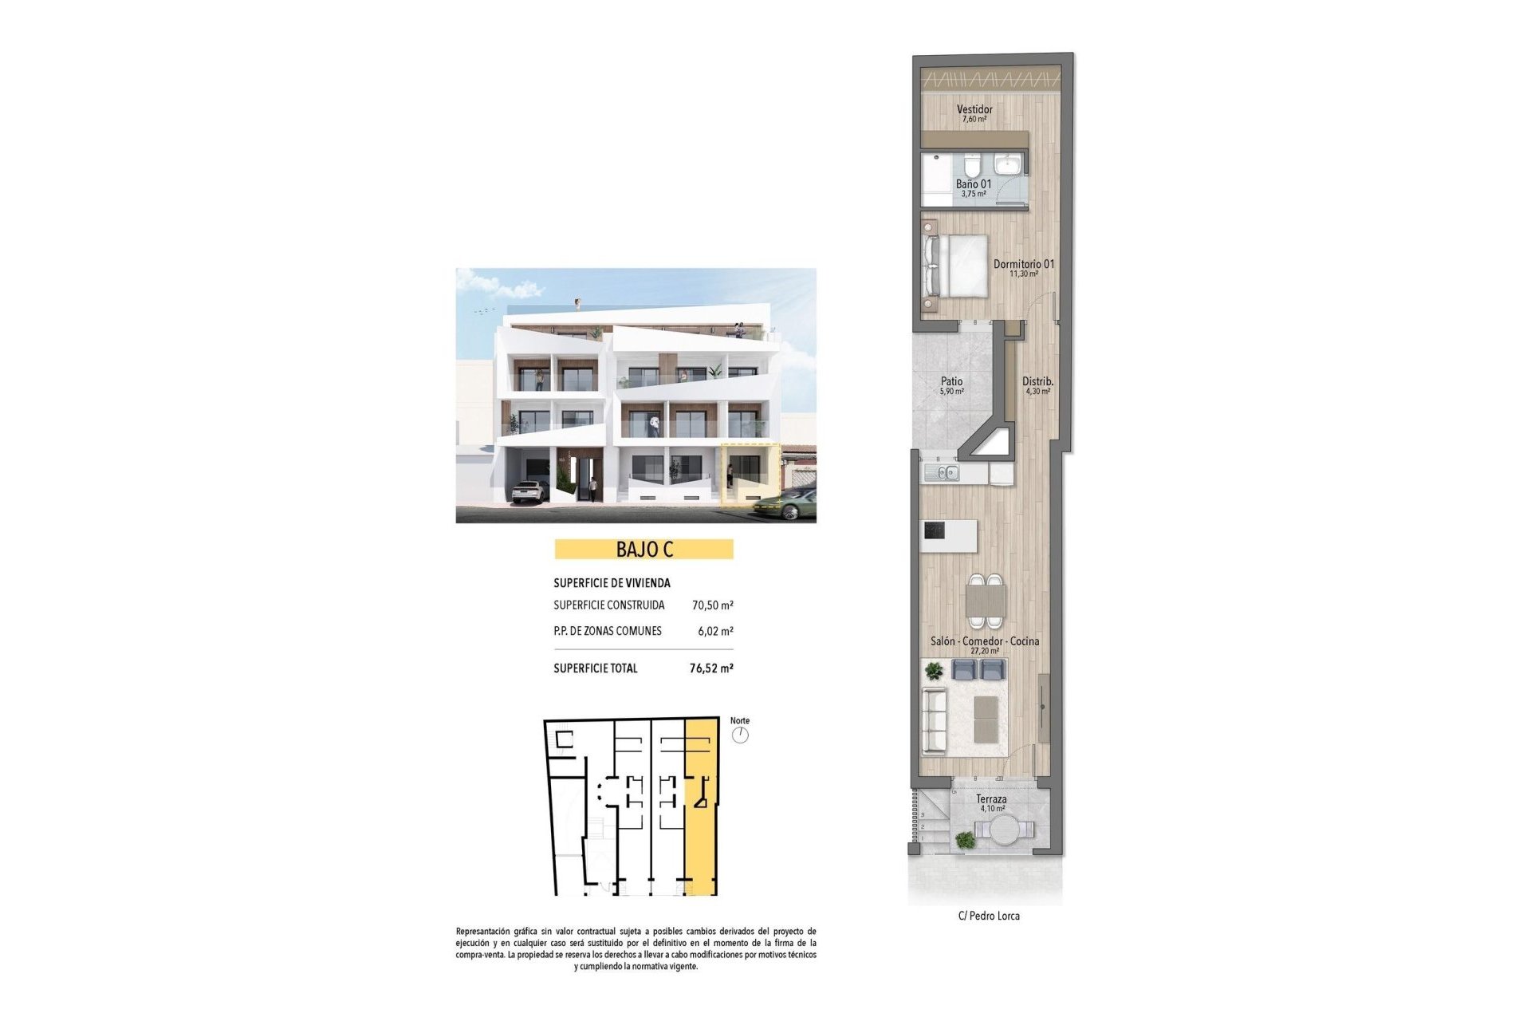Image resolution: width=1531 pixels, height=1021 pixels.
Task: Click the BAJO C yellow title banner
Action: [643, 550]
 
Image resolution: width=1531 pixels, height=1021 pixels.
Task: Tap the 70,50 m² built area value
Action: [712, 605]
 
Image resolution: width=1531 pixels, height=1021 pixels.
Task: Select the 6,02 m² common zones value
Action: [715, 631]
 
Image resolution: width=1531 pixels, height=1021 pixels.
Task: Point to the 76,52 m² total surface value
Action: [711, 668]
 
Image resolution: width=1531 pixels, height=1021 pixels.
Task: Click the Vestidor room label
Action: [974, 110]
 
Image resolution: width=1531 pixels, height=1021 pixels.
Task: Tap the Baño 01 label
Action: [974, 184]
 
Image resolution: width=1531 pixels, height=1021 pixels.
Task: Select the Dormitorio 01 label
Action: [1023, 264]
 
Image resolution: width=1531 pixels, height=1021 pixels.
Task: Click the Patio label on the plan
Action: [951, 382]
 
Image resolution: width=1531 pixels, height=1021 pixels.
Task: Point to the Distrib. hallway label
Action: [1037, 382]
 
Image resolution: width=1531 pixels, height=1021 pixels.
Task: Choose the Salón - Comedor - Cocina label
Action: [985, 641]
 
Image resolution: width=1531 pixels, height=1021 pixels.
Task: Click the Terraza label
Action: [991, 799]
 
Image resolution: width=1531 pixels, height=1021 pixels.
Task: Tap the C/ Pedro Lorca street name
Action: [989, 916]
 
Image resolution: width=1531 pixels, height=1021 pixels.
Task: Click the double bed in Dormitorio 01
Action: [956, 266]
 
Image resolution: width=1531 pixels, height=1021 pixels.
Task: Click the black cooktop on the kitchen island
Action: [935, 530]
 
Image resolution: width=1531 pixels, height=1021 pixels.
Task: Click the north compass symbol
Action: [740, 735]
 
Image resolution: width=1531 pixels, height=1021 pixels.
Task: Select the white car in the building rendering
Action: [529, 491]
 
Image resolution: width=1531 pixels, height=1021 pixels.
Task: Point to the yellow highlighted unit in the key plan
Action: [701, 806]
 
